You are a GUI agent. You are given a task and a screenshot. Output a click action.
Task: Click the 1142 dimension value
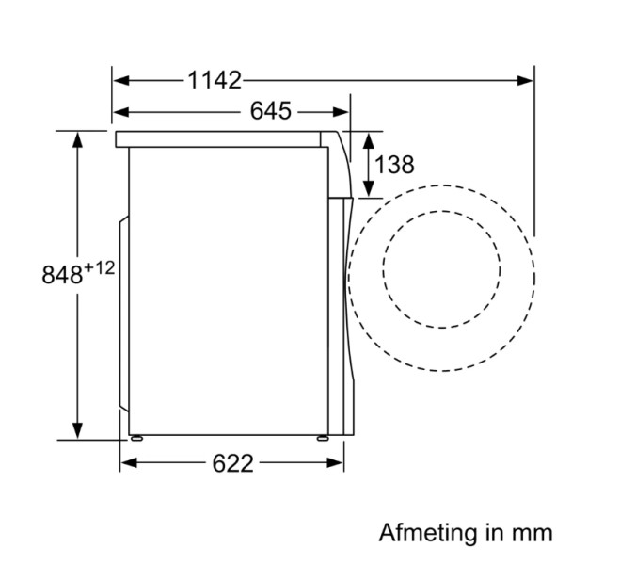[214, 80]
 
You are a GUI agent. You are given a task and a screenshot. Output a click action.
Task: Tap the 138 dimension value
[394, 164]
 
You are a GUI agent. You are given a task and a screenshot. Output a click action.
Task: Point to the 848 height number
[61, 276]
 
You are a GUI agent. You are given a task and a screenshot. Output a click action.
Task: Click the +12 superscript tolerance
[99, 268]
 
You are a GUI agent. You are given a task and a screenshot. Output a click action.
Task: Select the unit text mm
[533, 533]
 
